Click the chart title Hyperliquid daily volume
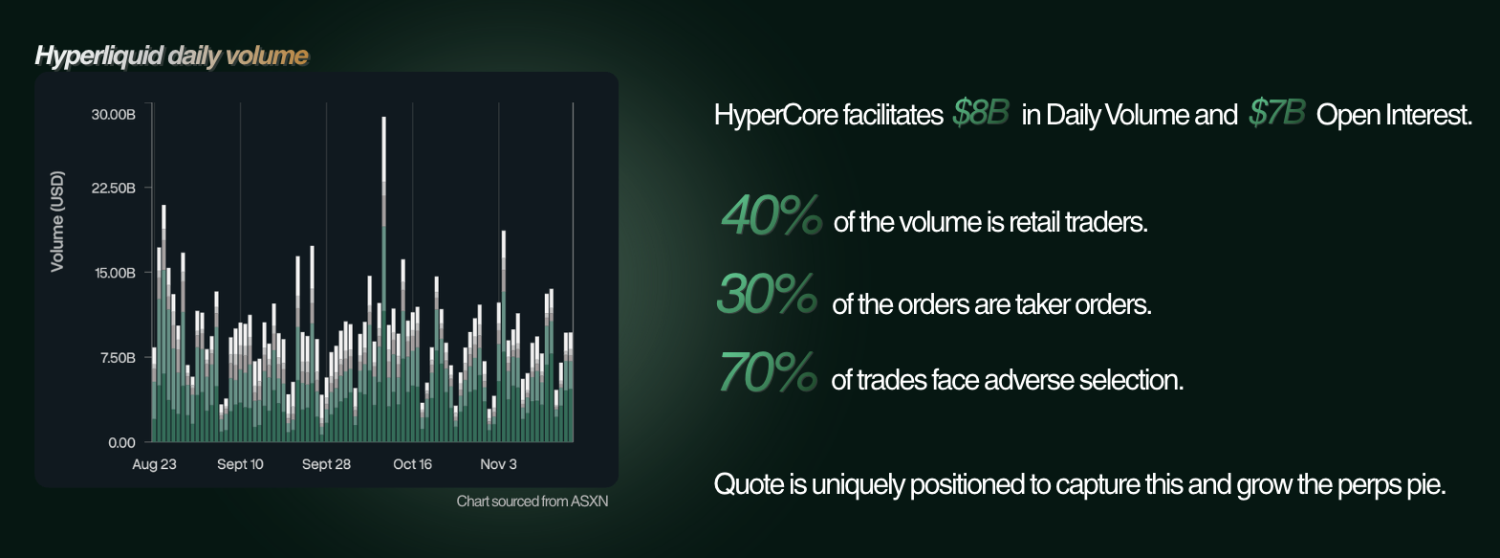point(171,56)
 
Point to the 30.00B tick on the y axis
point(113,115)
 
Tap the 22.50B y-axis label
point(113,188)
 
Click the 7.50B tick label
point(118,358)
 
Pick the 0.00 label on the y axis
point(121,442)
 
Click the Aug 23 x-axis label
point(154,464)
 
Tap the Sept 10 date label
point(240,464)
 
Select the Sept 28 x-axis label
point(326,464)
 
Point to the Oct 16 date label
point(412,464)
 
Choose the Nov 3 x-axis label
point(498,464)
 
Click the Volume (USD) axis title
point(57,221)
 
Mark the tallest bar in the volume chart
point(383,279)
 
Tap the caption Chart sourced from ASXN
point(533,501)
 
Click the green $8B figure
point(981,112)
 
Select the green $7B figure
point(1277,112)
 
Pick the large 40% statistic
point(772,215)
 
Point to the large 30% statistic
point(768,294)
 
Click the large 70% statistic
point(768,371)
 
